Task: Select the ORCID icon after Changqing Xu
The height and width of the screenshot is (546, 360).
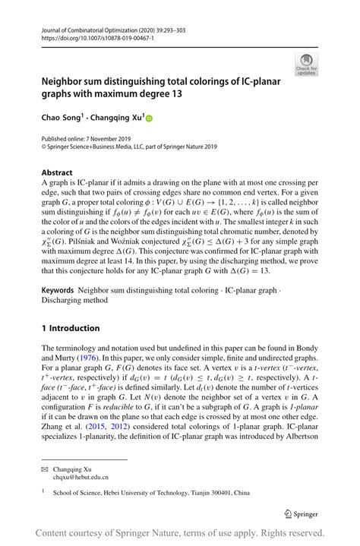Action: click(x=150, y=118)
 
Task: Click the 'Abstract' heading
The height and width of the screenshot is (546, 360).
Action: click(x=57, y=172)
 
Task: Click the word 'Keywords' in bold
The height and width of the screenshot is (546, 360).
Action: click(x=58, y=292)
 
